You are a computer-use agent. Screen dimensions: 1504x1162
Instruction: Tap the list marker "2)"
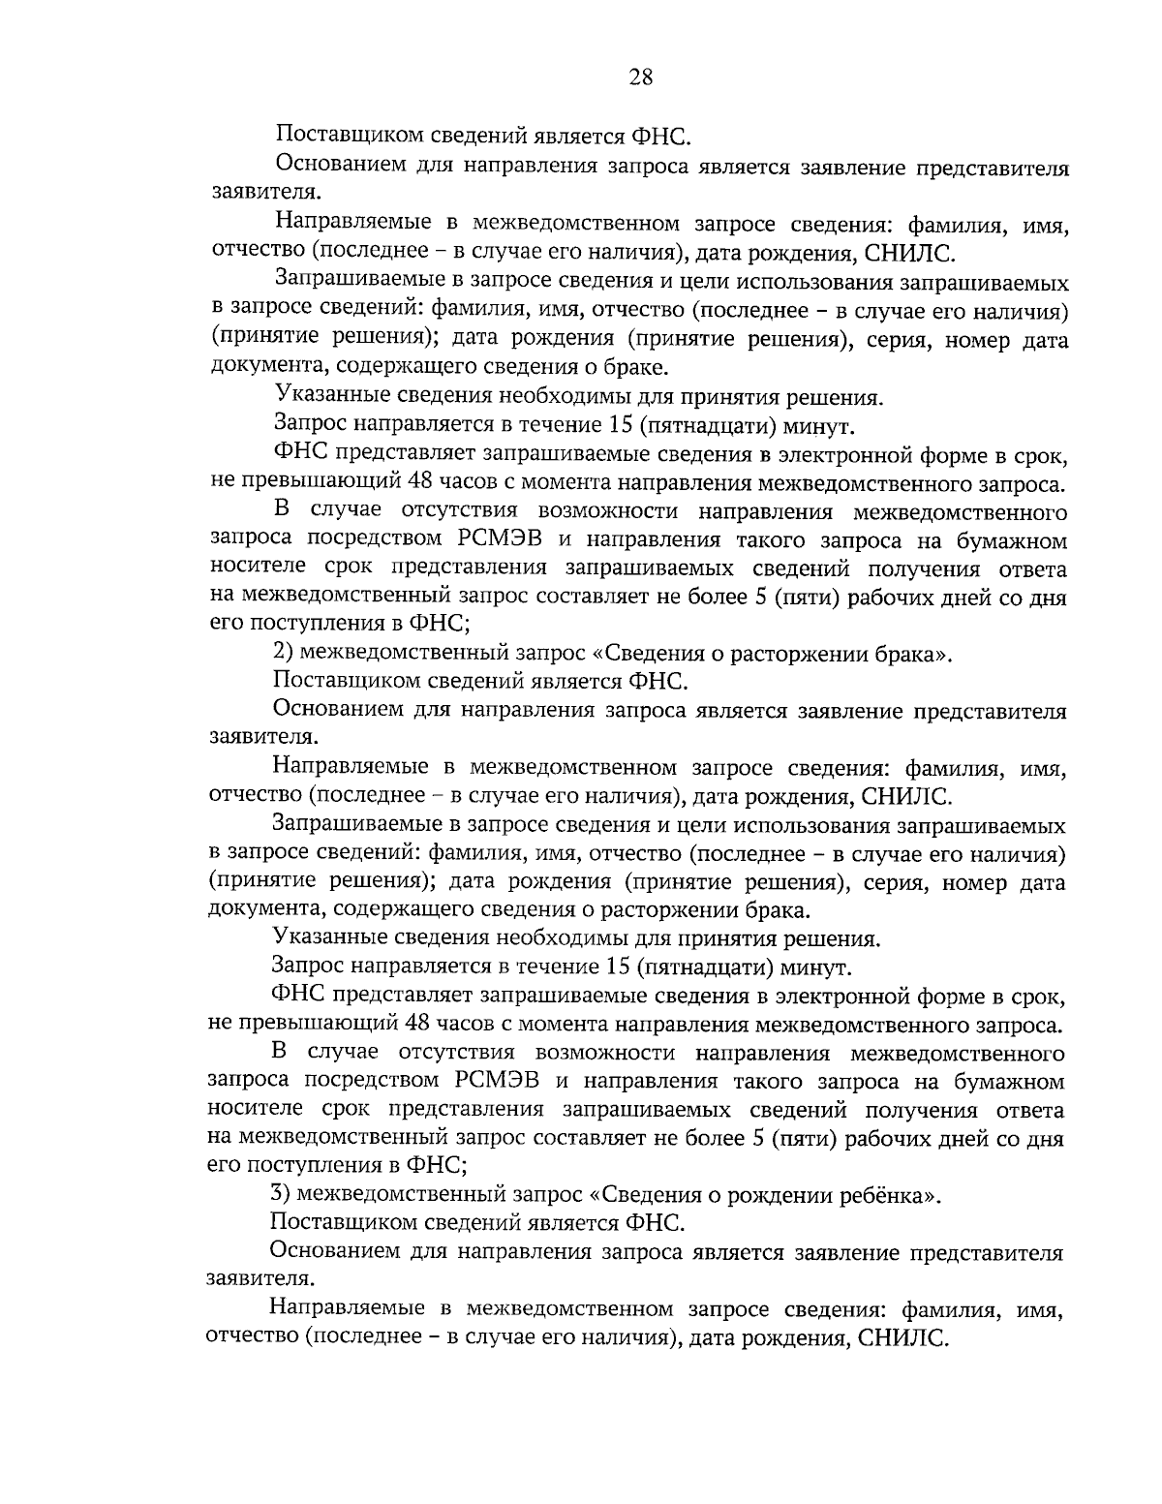pos(285,654)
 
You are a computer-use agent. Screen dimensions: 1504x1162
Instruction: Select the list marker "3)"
pos(282,1194)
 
